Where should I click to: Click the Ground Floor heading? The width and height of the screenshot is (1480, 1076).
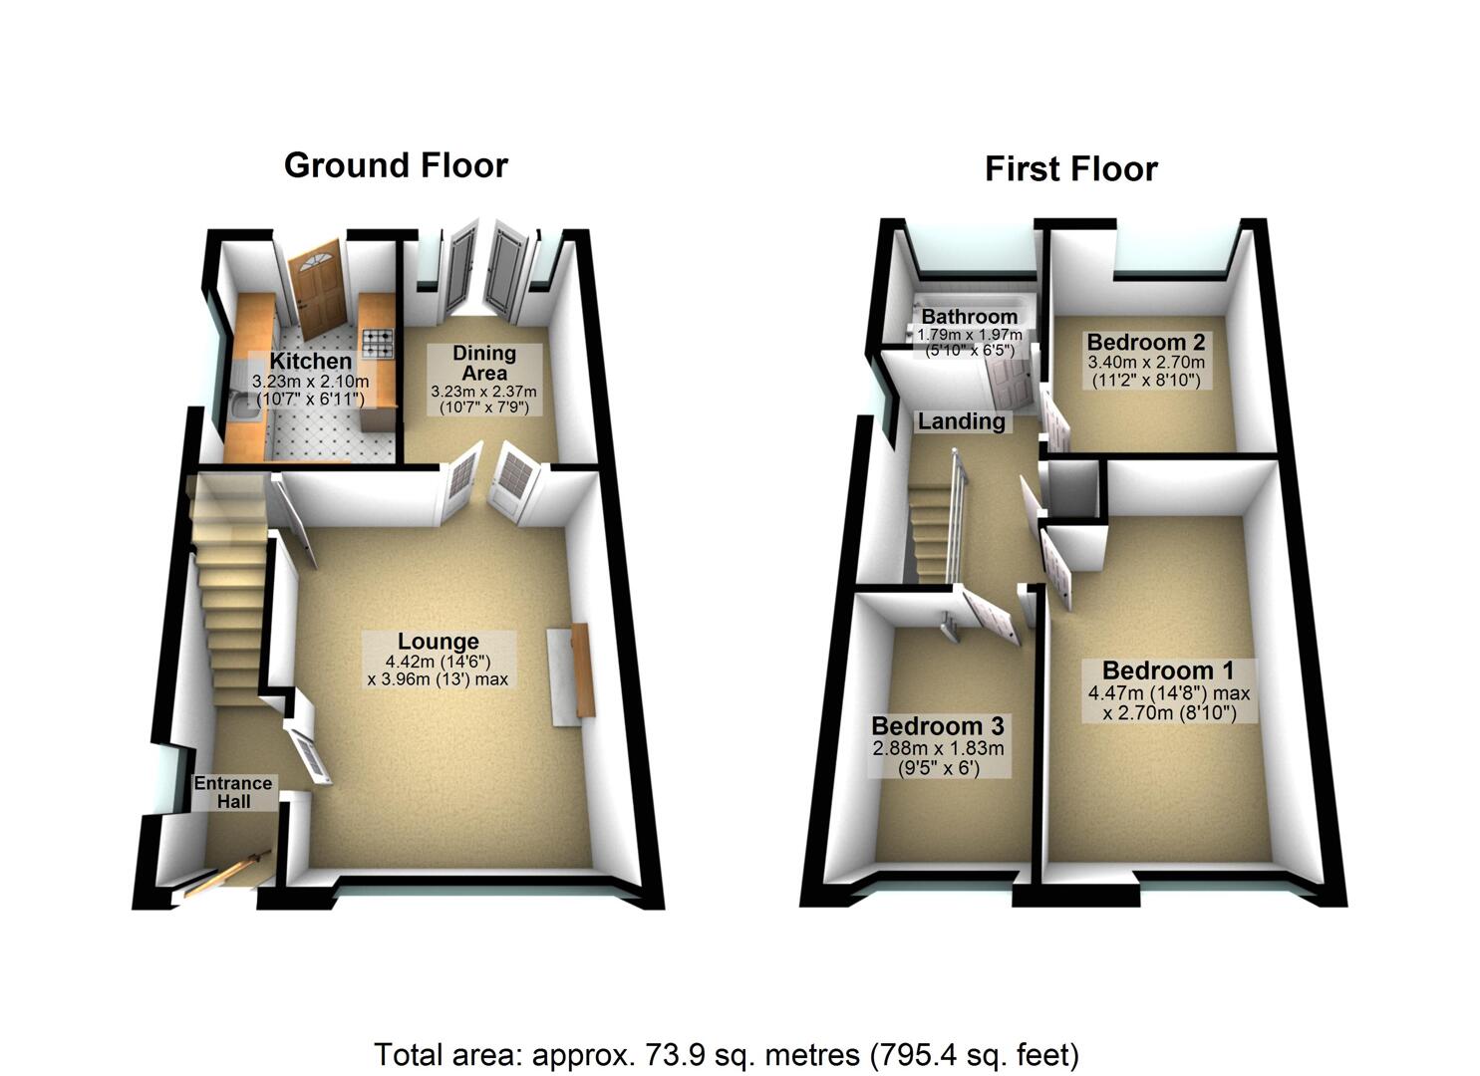tap(396, 165)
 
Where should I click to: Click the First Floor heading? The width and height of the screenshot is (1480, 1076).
tap(1070, 169)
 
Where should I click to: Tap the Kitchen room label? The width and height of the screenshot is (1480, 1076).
tap(311, 361)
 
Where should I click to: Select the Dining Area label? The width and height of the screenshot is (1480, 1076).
tap(484, 363)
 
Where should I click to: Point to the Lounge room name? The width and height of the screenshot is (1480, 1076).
tap(439, 643)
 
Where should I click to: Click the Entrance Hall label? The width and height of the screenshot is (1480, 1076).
tap(233, 792)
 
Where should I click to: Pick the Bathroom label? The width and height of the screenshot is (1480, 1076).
tap(969, 317)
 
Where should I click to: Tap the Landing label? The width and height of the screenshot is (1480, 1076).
tap(961, 421)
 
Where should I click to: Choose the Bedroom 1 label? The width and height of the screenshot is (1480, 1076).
tap(1166, 671)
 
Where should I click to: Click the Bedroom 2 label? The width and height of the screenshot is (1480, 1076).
tap(1145, 342)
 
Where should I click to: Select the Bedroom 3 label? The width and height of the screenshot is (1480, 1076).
tap(937, 726)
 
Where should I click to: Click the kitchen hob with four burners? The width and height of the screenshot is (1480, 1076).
tap(378, 344)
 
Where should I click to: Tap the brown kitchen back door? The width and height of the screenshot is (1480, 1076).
tap(317, 287)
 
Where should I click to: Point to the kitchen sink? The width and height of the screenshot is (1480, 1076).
tap(237, 408)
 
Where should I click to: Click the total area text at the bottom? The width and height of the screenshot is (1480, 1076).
tap(727, 1054)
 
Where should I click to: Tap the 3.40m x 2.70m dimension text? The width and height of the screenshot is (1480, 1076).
tap(1145, 363)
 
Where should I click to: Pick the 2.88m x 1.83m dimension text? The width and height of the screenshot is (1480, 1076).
tap(938, 748)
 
